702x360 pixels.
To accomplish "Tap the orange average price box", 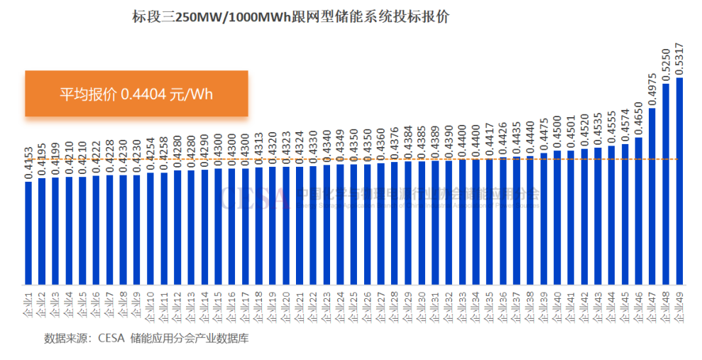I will coord(136,94).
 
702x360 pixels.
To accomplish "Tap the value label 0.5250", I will coord(666,65).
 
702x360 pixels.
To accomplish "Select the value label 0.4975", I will coord(652,89).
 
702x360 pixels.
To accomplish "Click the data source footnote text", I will coord(146,337).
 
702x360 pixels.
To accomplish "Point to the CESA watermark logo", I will coord(253,197).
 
